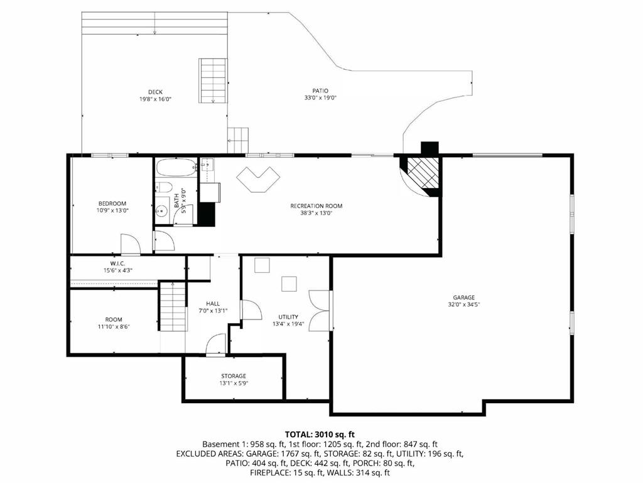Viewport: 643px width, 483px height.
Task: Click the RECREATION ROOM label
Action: click(x=316, y=206)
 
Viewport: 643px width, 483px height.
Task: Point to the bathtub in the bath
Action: click(x=177, y=168)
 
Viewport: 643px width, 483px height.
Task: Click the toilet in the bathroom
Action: click(x=164, y=186)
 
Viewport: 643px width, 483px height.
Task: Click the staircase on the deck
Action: click(x=212, y=80)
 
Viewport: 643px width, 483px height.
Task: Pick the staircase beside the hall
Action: click(x=172, y=306)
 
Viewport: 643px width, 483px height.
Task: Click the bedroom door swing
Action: click(x=130, y=244)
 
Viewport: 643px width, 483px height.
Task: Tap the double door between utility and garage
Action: click(x=320, y=310)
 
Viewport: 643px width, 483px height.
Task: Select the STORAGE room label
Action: click(x=233, y=376)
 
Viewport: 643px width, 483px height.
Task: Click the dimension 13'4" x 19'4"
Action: click(x=288, y=325)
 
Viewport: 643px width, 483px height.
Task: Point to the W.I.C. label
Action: click(x=117, y=263)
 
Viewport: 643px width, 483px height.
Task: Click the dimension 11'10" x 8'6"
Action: click(x=114, y=327)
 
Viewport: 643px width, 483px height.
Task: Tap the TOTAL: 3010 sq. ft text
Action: click(x=320, y=434)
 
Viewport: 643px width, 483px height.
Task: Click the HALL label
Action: click(x=212, y=303)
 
